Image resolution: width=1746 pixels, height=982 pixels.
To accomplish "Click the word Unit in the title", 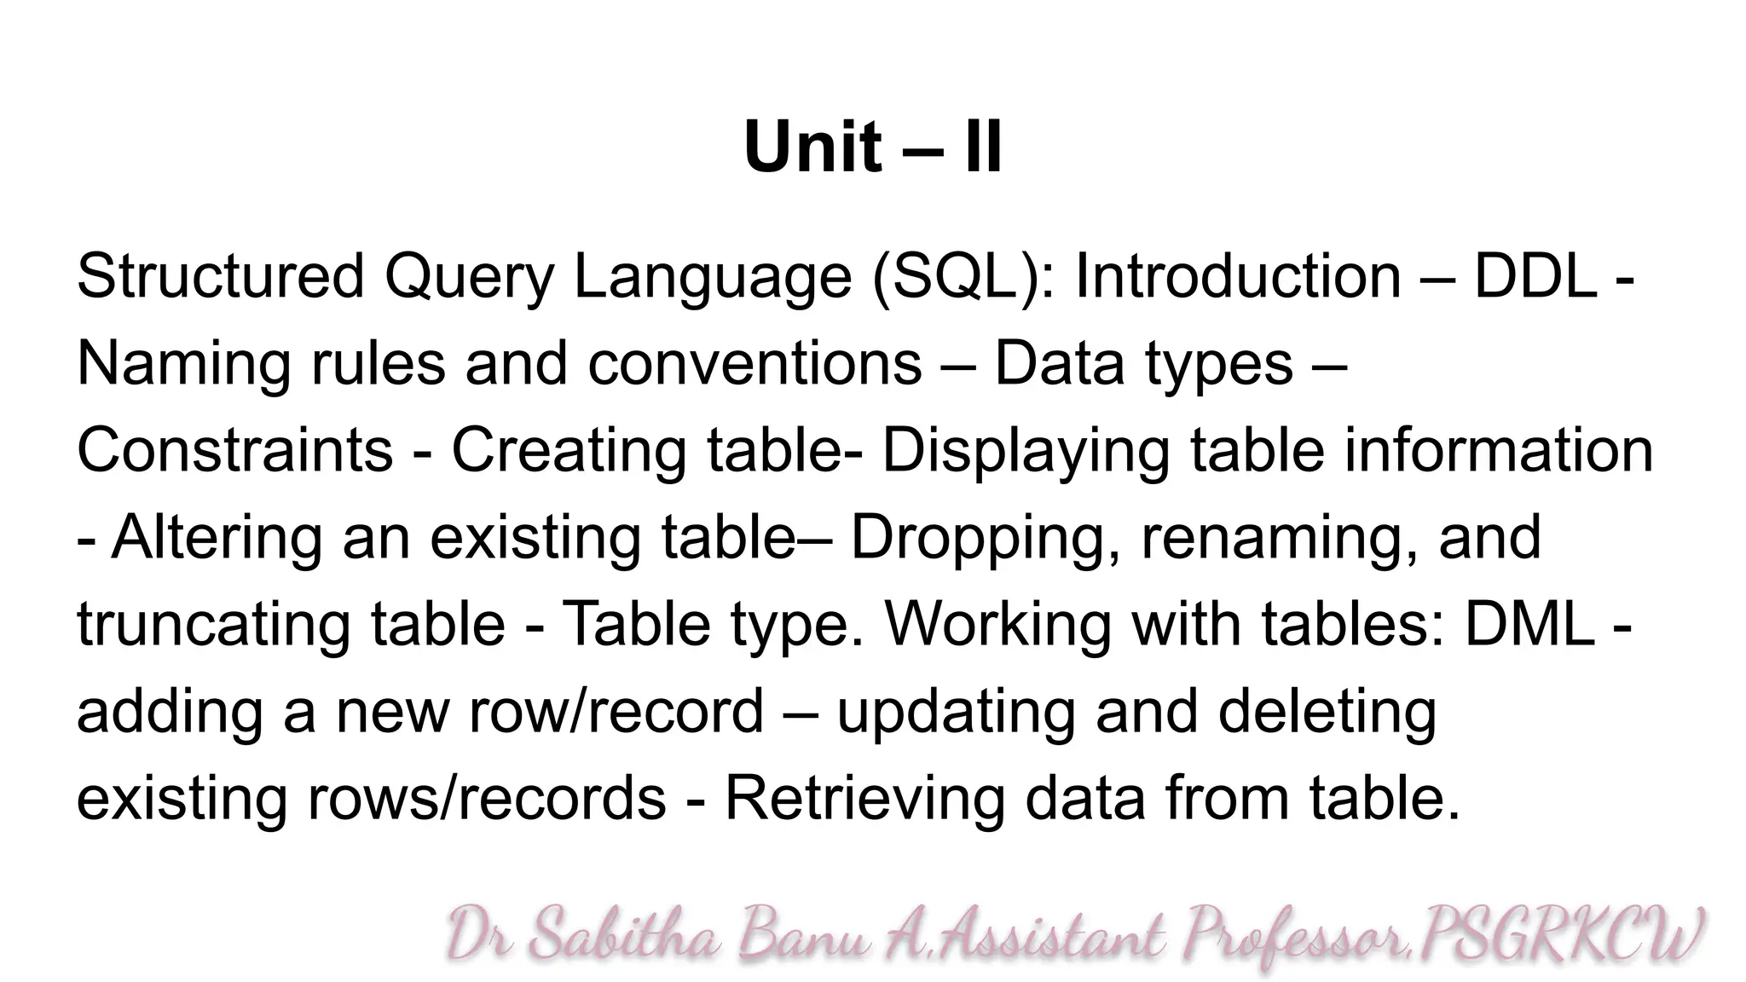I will pyautogui.click(x=811, y=147).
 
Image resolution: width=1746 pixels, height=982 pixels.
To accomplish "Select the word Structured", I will pyautogui.click(x=220, y=276).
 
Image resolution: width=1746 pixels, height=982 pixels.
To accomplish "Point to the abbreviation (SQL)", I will pyautogui.click(x=963, y=276).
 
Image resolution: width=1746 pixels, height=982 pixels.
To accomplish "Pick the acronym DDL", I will pyautogui.click(x=1535, y=276).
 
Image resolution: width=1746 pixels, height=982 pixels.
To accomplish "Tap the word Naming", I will pyautogui.click(x=183, y=363).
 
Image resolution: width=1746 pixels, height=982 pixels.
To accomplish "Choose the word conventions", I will pyautogui.click(x=754, y=363).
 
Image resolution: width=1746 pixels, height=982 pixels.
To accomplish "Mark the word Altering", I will pyautogui.click(x=217, y=538).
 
